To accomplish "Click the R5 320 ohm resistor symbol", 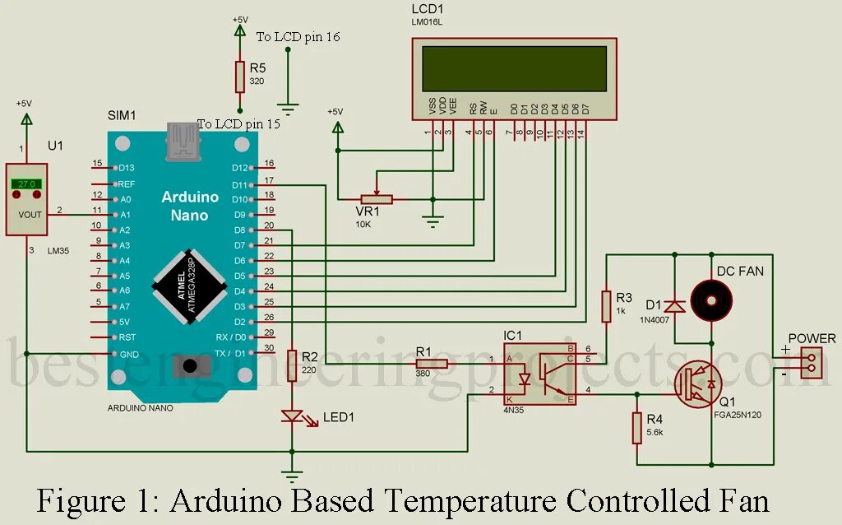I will pos(239,76).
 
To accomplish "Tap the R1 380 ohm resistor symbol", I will pos(430,363).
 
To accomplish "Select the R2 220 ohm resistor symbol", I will pos(292,363).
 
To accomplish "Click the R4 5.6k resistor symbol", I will pos(636,428).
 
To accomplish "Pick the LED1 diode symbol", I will pos(292,416).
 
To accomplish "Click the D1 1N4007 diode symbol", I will pos(675,306).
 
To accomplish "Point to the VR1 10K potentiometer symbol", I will pos(377,198).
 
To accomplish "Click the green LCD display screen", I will pos(514,68).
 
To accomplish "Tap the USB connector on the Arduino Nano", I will pos(182,142).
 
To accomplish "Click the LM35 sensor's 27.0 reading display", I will pos(27,184).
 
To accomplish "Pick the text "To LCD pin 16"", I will pos(298,36).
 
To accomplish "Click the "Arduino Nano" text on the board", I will pos(190,206).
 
